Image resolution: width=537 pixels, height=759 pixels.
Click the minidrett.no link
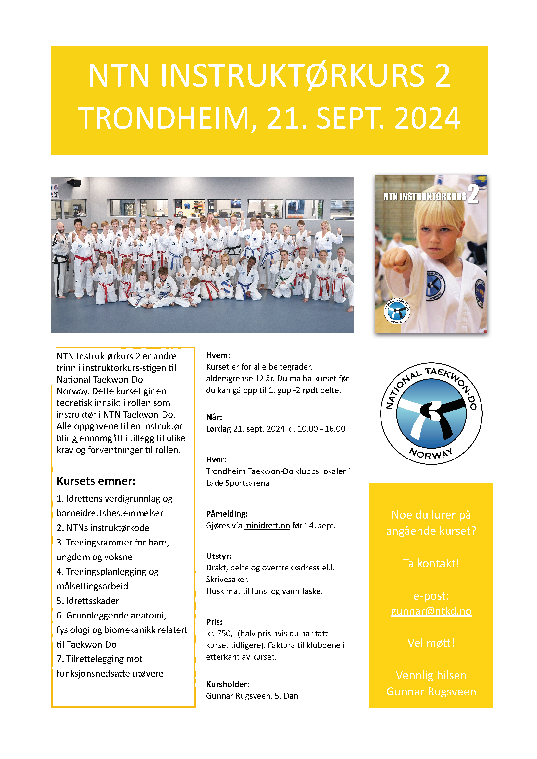[x=267, y=526]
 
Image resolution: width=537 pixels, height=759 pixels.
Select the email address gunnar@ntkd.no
[x=431, y=611]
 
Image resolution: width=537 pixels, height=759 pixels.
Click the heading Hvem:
[x=218, y=355]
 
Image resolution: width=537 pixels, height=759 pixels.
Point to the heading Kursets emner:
[x=96, y=481]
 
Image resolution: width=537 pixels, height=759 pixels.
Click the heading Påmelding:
[x=227, y=514]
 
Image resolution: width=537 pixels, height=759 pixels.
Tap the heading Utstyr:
[x=219, y=556]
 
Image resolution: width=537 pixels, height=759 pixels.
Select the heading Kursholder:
[x=228, y=684]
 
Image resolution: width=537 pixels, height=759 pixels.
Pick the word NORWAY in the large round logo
[x=431, y=454]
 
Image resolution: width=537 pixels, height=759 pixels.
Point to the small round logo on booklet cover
[x=397, y=311]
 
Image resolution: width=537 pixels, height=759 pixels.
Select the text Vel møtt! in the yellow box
[x=431, y=643]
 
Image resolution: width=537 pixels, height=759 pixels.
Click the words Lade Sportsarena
[x=237, y=483]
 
